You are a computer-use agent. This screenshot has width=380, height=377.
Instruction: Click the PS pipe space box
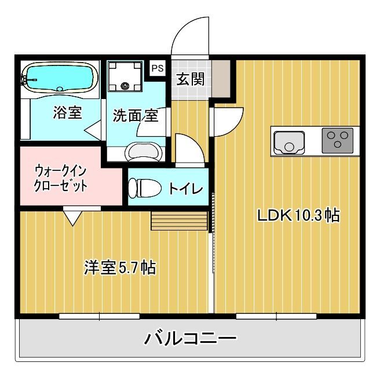[x=158, y=68]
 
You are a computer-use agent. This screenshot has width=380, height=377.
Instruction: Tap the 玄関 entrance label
[x=190, y=79]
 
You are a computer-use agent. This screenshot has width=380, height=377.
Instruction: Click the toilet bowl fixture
[x=145, y=188]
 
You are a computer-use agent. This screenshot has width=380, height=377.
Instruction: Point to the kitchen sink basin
[x=289, y=142]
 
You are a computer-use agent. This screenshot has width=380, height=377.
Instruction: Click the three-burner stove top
[x=337, y=141]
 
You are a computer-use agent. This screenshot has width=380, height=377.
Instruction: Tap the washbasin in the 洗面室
[x=144, y=152]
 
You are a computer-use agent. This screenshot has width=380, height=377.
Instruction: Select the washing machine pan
[x=125, y=76]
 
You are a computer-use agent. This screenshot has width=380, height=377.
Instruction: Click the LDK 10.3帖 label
[x=298, y=215]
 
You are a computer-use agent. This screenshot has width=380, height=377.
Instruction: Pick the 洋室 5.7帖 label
[x=120, y=267]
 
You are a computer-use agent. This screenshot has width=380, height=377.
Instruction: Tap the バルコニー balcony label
[x=190, y=338]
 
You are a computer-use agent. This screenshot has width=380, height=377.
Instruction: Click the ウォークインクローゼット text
[x=61, y=178]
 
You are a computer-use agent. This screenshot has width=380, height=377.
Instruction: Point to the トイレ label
[x=185, y=189]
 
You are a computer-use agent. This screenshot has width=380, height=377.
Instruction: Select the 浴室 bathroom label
[x=67, y=112]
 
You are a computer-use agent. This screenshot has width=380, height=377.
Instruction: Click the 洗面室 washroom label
[x=136, y=115]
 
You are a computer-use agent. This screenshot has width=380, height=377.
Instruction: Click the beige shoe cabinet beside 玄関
[x=221, y=79]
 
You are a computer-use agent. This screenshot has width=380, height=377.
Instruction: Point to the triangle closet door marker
[x=72, y=218]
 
